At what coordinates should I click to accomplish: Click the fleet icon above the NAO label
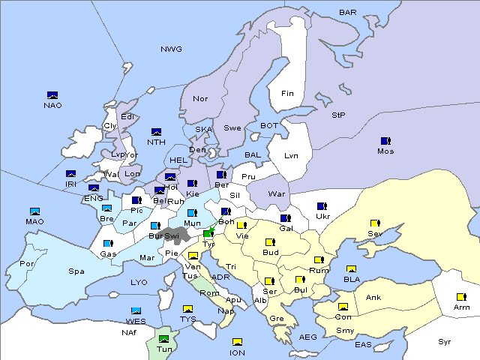pyautogui.click(x=52, y=95)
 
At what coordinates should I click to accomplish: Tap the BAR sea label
pyautogui.click(x=348, y=13)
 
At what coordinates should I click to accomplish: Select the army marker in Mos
pyautogui.click(x=385, y=141)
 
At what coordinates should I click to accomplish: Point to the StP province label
pyautogui.click(x=338, y=115)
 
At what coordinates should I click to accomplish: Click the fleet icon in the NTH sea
pyautogui.click(x=156, y=132)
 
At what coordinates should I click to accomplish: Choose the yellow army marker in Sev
pyautogui.click(x=374, y=223)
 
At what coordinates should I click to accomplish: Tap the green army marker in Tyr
pyautogui.click(x=208, y=234)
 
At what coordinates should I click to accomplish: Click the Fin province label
pyautogui.click(x=287, y=94)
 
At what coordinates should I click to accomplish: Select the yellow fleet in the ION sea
pyautogui.click(x=237, y=342)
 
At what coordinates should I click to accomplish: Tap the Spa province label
pyautogui.click(x=76, y=271)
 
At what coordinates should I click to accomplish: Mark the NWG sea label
pyautogui.click(x=171, y=49)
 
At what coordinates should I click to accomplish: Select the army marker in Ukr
pyautogui.click(x=322, y=206)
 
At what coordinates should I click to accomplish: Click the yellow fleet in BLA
pyautogui.click(x=351, y=269)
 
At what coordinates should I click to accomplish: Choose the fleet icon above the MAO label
pyautogui.click(x=34, y=211)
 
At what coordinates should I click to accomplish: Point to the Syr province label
pyautogui.click(x=445, y=341)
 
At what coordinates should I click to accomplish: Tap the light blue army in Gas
pyautogui.click(x=108, y=244)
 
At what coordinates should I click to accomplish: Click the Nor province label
pyautogui.click(x=200, y=98)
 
